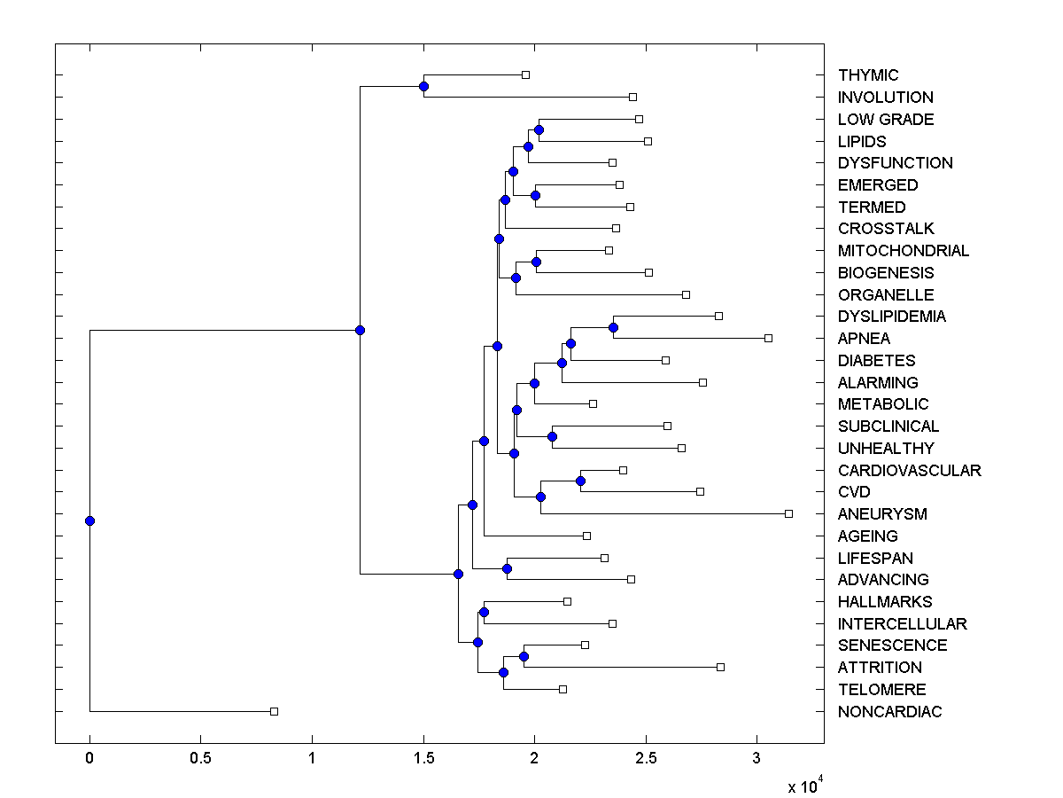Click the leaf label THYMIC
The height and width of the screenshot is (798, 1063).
[867, 75]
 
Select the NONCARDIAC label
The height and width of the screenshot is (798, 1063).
[889, 711]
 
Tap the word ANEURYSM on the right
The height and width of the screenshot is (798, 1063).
[882, 513]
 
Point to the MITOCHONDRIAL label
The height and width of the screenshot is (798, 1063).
[903, 251]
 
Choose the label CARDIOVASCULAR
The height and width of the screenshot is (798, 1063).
[909, 470]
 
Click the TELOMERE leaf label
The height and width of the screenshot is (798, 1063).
[881, 689]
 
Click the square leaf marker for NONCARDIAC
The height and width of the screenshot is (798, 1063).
[274, 711]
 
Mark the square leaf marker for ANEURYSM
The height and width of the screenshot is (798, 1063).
[788, 513]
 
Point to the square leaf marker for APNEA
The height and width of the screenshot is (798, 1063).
[768, 338]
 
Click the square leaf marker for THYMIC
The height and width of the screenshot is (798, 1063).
[525, 75]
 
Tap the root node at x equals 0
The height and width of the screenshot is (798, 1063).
[89, 520]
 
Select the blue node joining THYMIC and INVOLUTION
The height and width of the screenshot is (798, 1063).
[423, 86]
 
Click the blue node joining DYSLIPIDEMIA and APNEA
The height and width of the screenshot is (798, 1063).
[613, 327]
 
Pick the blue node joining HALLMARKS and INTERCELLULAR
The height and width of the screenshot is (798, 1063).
[484, 612]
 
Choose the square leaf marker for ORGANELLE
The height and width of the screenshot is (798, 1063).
[686, 294]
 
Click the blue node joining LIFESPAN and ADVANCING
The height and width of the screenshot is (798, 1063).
[507, 568]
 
